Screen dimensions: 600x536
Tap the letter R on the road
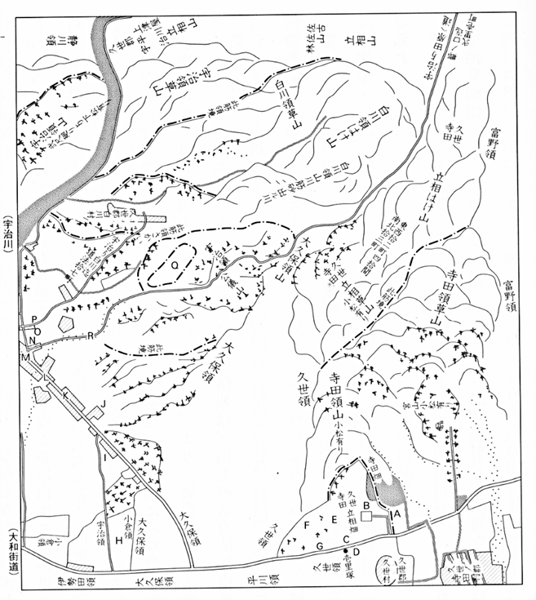coord(91,336)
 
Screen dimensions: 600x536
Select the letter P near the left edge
coord(35,319)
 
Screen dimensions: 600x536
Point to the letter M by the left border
coord(25,358)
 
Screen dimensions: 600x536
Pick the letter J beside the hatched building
coord(104,404)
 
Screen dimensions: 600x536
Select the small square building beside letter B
coord(368,516)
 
